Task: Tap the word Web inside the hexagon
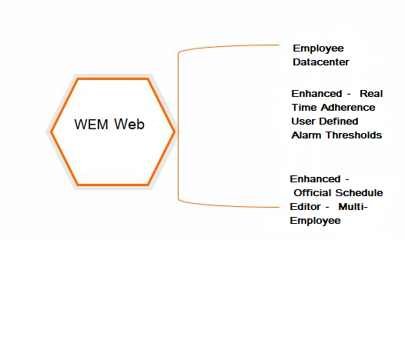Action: [129, 124]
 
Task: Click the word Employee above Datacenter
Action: [319, 48]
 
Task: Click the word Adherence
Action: [348, 107]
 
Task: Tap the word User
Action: [303, 122]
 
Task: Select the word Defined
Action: [339, 122]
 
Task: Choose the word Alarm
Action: [306, 135]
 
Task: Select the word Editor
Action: [306, 206]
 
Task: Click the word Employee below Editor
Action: [315, 221]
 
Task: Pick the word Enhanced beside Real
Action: [316, 93]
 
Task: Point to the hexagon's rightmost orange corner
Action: [175, 132]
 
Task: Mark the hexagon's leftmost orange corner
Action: [52, 132]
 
